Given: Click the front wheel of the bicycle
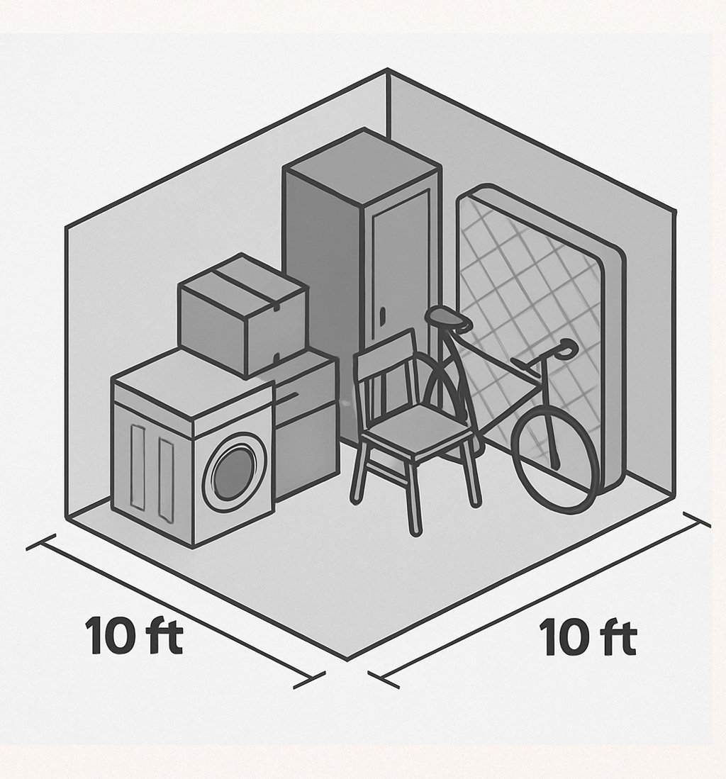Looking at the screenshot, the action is point(554,460).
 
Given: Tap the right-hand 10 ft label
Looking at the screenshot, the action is point(588,637).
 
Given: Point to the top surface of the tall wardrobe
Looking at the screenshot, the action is point(362,167).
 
